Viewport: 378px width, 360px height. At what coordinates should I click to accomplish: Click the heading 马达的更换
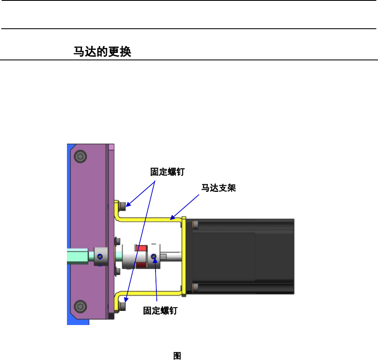tap(102, 52)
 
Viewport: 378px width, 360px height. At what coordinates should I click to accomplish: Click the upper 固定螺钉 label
tap(167, 171)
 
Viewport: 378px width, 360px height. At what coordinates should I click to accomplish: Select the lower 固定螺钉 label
tap(160, 311)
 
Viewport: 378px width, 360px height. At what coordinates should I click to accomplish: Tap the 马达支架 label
tap(219, 188)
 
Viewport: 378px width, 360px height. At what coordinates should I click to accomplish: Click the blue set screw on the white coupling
tap(154, 257)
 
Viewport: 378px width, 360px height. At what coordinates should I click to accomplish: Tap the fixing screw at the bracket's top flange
tap(122, 206)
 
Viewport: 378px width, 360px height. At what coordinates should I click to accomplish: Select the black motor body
tap(241, 257)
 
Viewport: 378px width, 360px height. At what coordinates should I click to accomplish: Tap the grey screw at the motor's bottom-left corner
tap(195, 287)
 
